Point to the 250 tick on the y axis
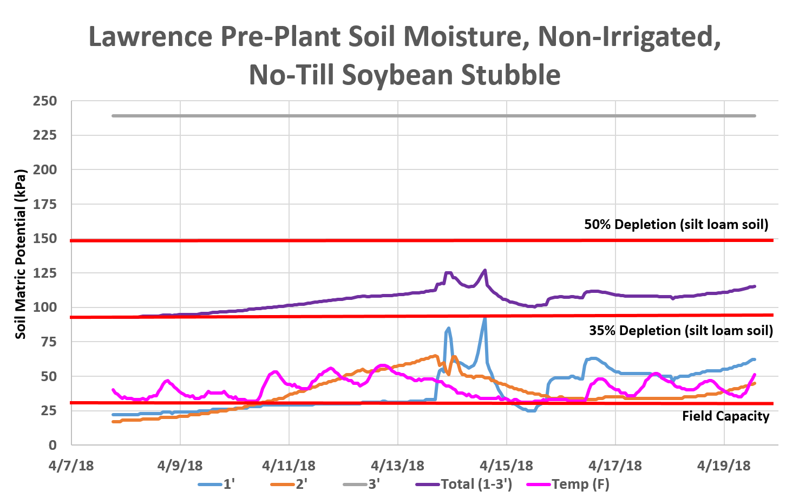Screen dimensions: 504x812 tap(44, 101)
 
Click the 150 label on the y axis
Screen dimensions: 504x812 tap(44, 239)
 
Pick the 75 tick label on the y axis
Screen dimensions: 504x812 tap(48, 342)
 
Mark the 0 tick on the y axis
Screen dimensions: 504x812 tap(53, 445)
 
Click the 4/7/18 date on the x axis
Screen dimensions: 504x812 tap(71, 466)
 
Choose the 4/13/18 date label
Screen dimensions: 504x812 tap(397, 466)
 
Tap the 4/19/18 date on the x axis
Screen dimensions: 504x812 tap(724, 466)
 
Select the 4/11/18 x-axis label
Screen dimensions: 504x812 tap(289, 466)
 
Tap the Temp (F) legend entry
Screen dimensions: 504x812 tap(568, 484)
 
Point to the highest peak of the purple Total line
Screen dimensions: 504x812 tap(484, 270)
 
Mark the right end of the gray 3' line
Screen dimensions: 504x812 tap(756, 116)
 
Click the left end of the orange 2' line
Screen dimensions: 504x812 tap(113, 421)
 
